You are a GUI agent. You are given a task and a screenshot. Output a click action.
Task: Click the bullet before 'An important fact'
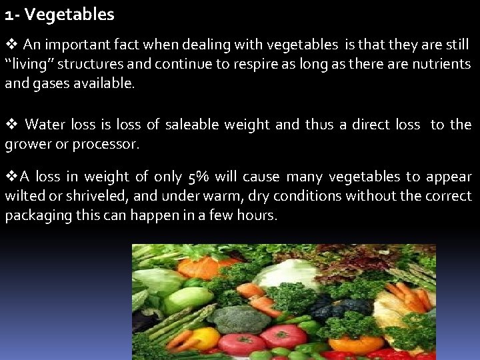(11, 45)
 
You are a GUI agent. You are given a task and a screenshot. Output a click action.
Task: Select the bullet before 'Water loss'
(11, 124)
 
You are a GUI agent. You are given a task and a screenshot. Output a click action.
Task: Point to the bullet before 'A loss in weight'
(11, 177)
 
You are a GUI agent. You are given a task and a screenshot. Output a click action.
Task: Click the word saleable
(192, 125)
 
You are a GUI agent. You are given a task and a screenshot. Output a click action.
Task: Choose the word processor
(110, 144)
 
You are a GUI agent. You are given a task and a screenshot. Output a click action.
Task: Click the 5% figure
(198, 177)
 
